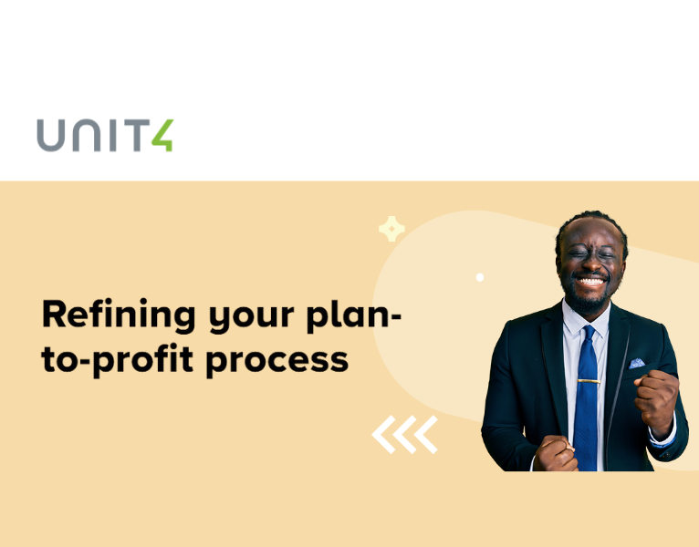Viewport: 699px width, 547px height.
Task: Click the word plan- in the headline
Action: click(357, 316)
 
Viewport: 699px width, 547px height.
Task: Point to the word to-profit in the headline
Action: click(119, 359)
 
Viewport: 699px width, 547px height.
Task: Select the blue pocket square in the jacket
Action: click(636, 363)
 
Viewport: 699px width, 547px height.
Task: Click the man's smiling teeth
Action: click(590, 284)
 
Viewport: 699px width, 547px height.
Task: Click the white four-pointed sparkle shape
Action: click(391, 229)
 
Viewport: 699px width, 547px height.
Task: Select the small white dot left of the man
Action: click(480, 277)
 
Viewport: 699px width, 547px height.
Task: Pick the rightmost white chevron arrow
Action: click(425, 435)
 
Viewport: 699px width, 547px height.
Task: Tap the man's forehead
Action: click(591, 236)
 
